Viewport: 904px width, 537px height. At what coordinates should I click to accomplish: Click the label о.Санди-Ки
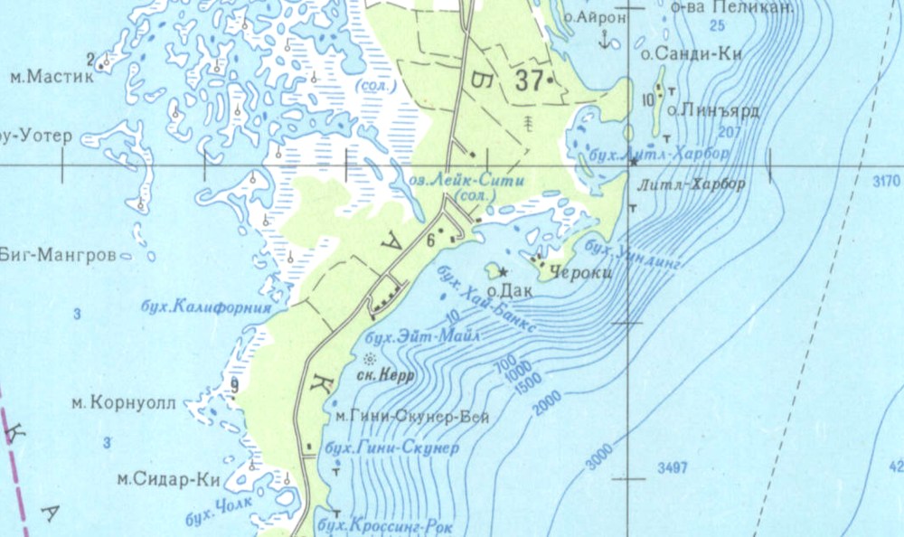pos(691,54)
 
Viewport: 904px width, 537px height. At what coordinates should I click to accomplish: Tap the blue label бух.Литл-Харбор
pos(657,155)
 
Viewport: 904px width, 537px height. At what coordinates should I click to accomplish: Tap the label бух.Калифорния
pos(207,306)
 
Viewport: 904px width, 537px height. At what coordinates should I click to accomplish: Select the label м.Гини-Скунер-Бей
pos(411,418)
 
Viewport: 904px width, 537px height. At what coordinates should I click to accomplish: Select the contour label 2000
pos(546,404)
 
